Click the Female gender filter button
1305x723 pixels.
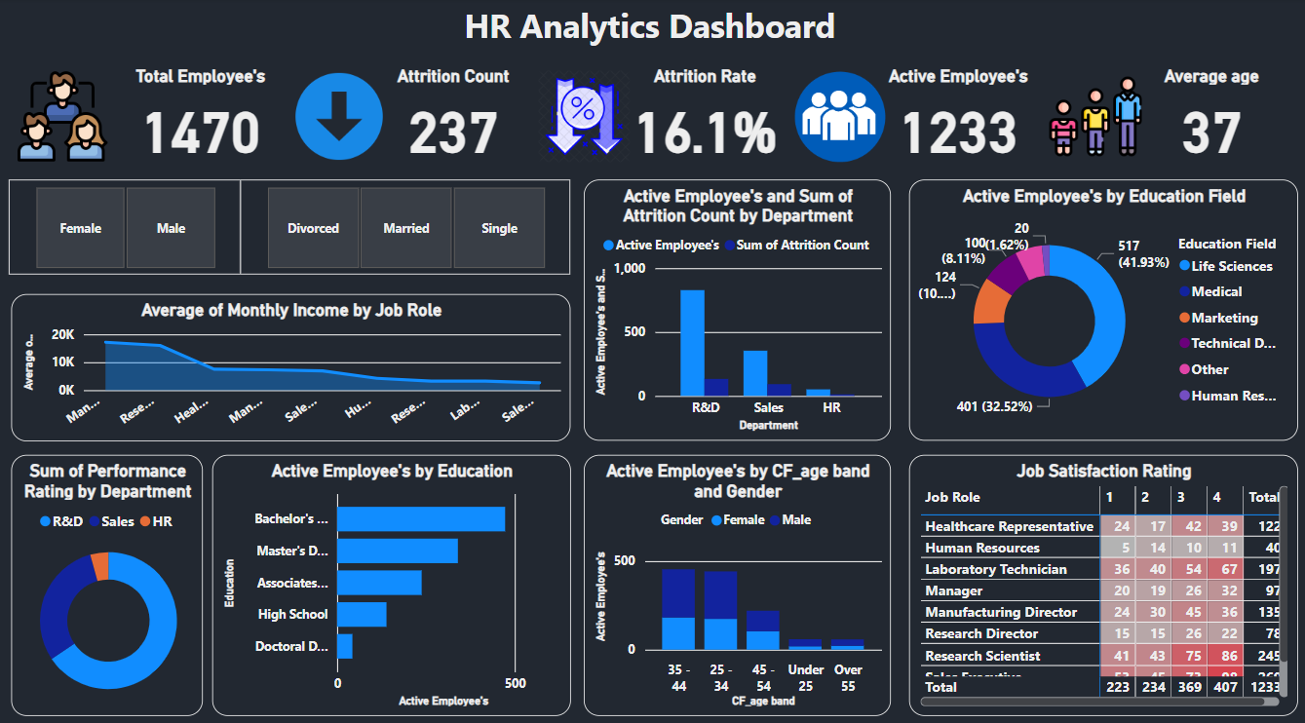click(81, 228)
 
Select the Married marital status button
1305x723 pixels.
click(406, 228)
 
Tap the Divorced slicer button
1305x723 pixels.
click(313, 228)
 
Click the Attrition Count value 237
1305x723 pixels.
click(453, 133)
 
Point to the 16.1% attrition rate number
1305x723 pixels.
click(706, 133)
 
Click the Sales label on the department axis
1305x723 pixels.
click(768, 407)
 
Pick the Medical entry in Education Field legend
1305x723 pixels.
click(1215, 291)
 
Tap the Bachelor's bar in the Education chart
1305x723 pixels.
click(421, 518)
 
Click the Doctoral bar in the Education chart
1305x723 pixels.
click(345, 646)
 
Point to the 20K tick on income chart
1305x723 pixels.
click(62, 334)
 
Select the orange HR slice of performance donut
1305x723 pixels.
click(99, 566)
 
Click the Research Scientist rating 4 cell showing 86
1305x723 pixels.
click(1224, 656)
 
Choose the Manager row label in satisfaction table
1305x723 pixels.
click(953, 590)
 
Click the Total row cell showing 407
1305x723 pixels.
click(1224, 687)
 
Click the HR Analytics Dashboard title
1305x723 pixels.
click(650, 26)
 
